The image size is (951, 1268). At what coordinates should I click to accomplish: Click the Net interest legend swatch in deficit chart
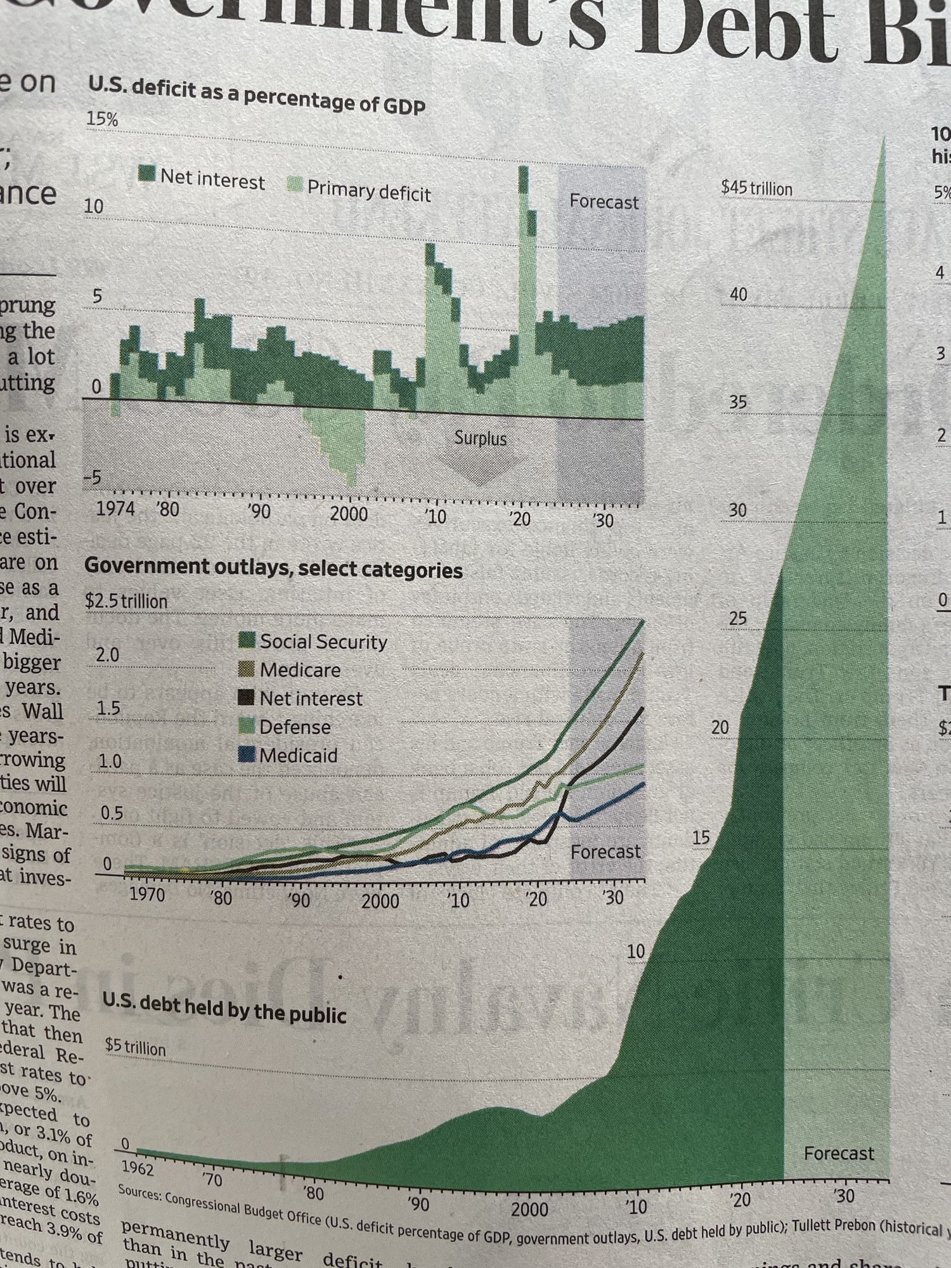(147, 173)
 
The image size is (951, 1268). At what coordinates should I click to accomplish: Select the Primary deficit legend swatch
(295, 185)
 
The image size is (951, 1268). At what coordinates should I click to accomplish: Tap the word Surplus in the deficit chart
(480, 438)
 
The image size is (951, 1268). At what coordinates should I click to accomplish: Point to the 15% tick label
(102, 119)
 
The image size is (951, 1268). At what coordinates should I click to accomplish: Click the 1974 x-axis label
(115, 508)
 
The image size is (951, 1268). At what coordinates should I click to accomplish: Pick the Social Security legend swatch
(247, 640)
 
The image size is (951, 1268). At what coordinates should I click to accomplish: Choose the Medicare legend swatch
(247, 669)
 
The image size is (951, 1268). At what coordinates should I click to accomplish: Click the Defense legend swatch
(247, 726)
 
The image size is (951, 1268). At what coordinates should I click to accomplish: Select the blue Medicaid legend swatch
(247, 754)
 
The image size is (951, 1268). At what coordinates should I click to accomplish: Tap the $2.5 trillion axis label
(126, 601)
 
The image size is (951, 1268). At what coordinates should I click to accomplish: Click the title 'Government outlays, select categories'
(273, 568)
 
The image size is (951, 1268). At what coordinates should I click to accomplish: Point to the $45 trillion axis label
(756, 188)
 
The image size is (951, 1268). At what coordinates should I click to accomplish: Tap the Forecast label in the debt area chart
(838, 1153)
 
